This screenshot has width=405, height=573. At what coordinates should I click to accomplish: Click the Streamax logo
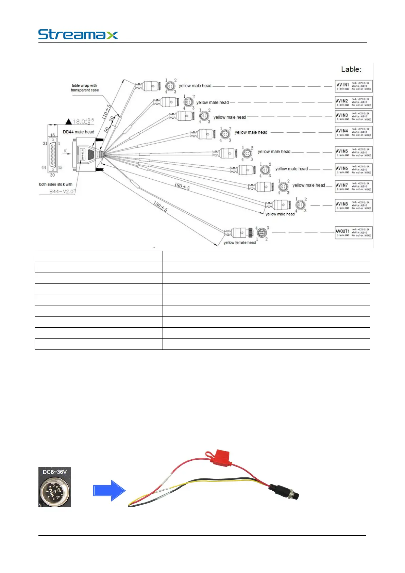[78, 34]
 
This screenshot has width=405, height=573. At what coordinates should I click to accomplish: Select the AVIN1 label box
[354, 86]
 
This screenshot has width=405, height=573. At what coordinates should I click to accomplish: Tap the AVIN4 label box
[354, 132]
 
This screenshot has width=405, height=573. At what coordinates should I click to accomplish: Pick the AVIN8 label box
[354, 206]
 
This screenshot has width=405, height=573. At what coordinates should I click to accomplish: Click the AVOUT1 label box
[354, 232]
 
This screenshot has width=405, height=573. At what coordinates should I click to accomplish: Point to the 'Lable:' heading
[351, 69]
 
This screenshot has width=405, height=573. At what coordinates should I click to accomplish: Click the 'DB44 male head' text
[78, 132]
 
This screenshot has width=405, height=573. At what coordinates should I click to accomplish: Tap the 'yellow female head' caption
[239, 243]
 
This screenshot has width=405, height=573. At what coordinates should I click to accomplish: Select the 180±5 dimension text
[182, 186]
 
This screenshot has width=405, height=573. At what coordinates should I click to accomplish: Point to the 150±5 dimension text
[160, 207]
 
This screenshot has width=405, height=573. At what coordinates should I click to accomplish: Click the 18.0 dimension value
[79, 121]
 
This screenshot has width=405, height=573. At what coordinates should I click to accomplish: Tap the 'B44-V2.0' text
[62, 192]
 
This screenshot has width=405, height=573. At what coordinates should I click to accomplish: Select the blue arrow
[109, 490]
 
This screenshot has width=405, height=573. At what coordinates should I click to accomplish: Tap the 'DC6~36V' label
[54, 472]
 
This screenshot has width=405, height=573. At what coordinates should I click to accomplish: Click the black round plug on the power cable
[284, 492]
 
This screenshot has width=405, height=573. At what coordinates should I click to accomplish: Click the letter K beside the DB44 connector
[65, 151]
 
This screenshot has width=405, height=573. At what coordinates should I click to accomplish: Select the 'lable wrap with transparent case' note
[85, 88]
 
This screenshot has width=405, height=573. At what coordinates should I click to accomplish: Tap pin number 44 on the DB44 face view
[44, 167]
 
